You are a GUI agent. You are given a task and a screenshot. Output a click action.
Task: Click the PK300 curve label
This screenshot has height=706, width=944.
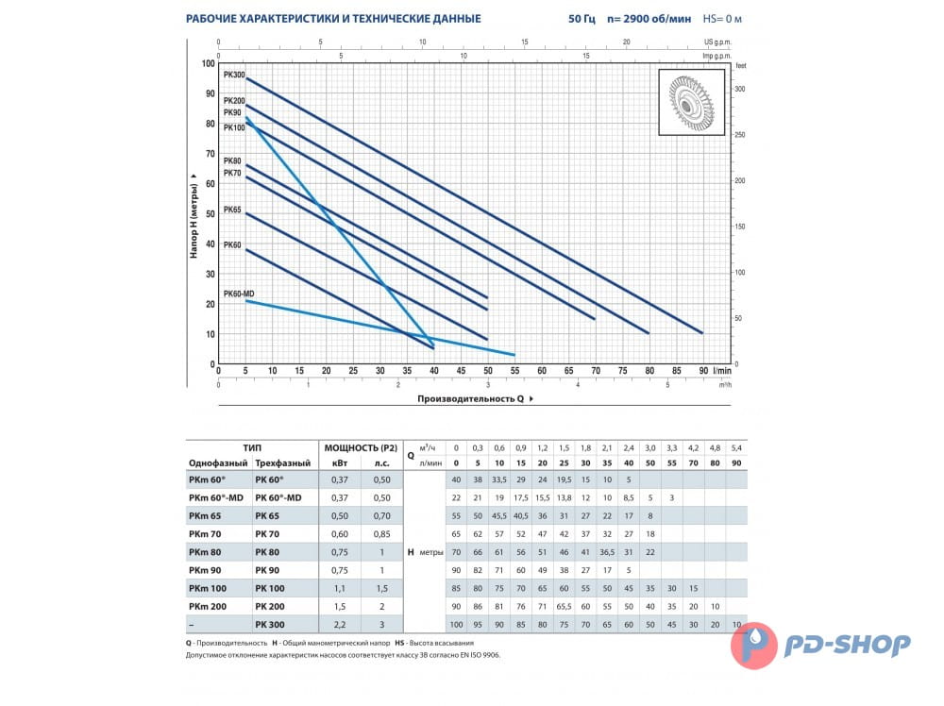click(x=233, y=74)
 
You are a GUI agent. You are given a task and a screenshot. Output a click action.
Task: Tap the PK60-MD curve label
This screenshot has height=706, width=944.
click(x=239, y=294)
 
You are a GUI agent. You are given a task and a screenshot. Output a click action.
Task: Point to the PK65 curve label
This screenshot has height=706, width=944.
click(x=232, y=210)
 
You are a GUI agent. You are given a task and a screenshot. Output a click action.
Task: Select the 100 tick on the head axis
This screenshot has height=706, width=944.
click(x=209, y=63)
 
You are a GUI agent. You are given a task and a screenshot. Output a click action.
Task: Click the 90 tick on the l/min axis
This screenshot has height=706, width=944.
click(x=702, y=371)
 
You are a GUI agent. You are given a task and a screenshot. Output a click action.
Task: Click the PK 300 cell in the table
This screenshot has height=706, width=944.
click(x=271, y=624)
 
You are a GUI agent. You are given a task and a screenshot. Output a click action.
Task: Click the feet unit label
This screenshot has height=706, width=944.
click(x=740, y=64)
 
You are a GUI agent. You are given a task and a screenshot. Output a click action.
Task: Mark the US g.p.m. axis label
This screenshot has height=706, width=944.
click(x=718, y=42)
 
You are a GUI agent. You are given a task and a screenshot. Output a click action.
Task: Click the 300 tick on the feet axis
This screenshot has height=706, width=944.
click(x=740, y=89)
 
